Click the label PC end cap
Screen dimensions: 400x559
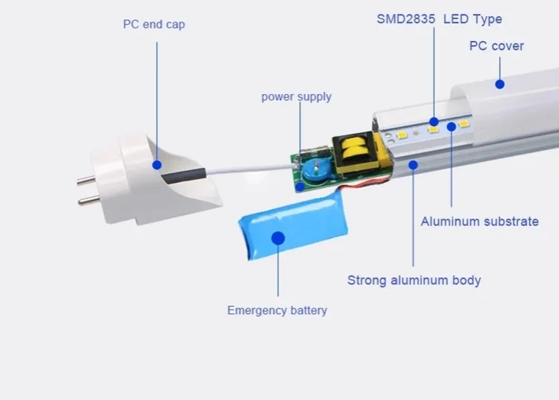[154, 25]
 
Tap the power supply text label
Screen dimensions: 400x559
[296, 97]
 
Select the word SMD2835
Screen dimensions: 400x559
[406, 19]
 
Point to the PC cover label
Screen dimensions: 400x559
[496, 46]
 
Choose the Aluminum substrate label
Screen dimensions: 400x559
[479, 222]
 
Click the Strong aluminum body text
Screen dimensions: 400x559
[414, 281]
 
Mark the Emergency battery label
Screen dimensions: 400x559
[277, 310]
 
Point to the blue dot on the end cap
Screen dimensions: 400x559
[157, 165]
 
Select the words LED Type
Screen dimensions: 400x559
[473, 19]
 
